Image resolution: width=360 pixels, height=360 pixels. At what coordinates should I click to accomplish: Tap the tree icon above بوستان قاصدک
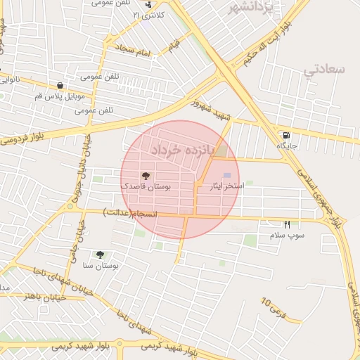146,176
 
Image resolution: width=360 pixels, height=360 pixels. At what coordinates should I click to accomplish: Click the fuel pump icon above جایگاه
285,135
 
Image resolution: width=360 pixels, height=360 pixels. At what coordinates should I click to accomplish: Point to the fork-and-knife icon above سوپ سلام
286,224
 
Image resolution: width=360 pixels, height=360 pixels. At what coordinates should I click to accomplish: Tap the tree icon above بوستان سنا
99,255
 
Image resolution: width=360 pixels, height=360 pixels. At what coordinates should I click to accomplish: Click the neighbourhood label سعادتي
326,70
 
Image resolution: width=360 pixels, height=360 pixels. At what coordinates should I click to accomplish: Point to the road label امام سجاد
134,51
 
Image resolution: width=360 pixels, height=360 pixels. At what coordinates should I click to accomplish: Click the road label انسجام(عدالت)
131,212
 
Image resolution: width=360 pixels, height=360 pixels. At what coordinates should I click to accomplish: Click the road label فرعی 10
274,307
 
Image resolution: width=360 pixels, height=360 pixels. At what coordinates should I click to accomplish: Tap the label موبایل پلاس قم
60,96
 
